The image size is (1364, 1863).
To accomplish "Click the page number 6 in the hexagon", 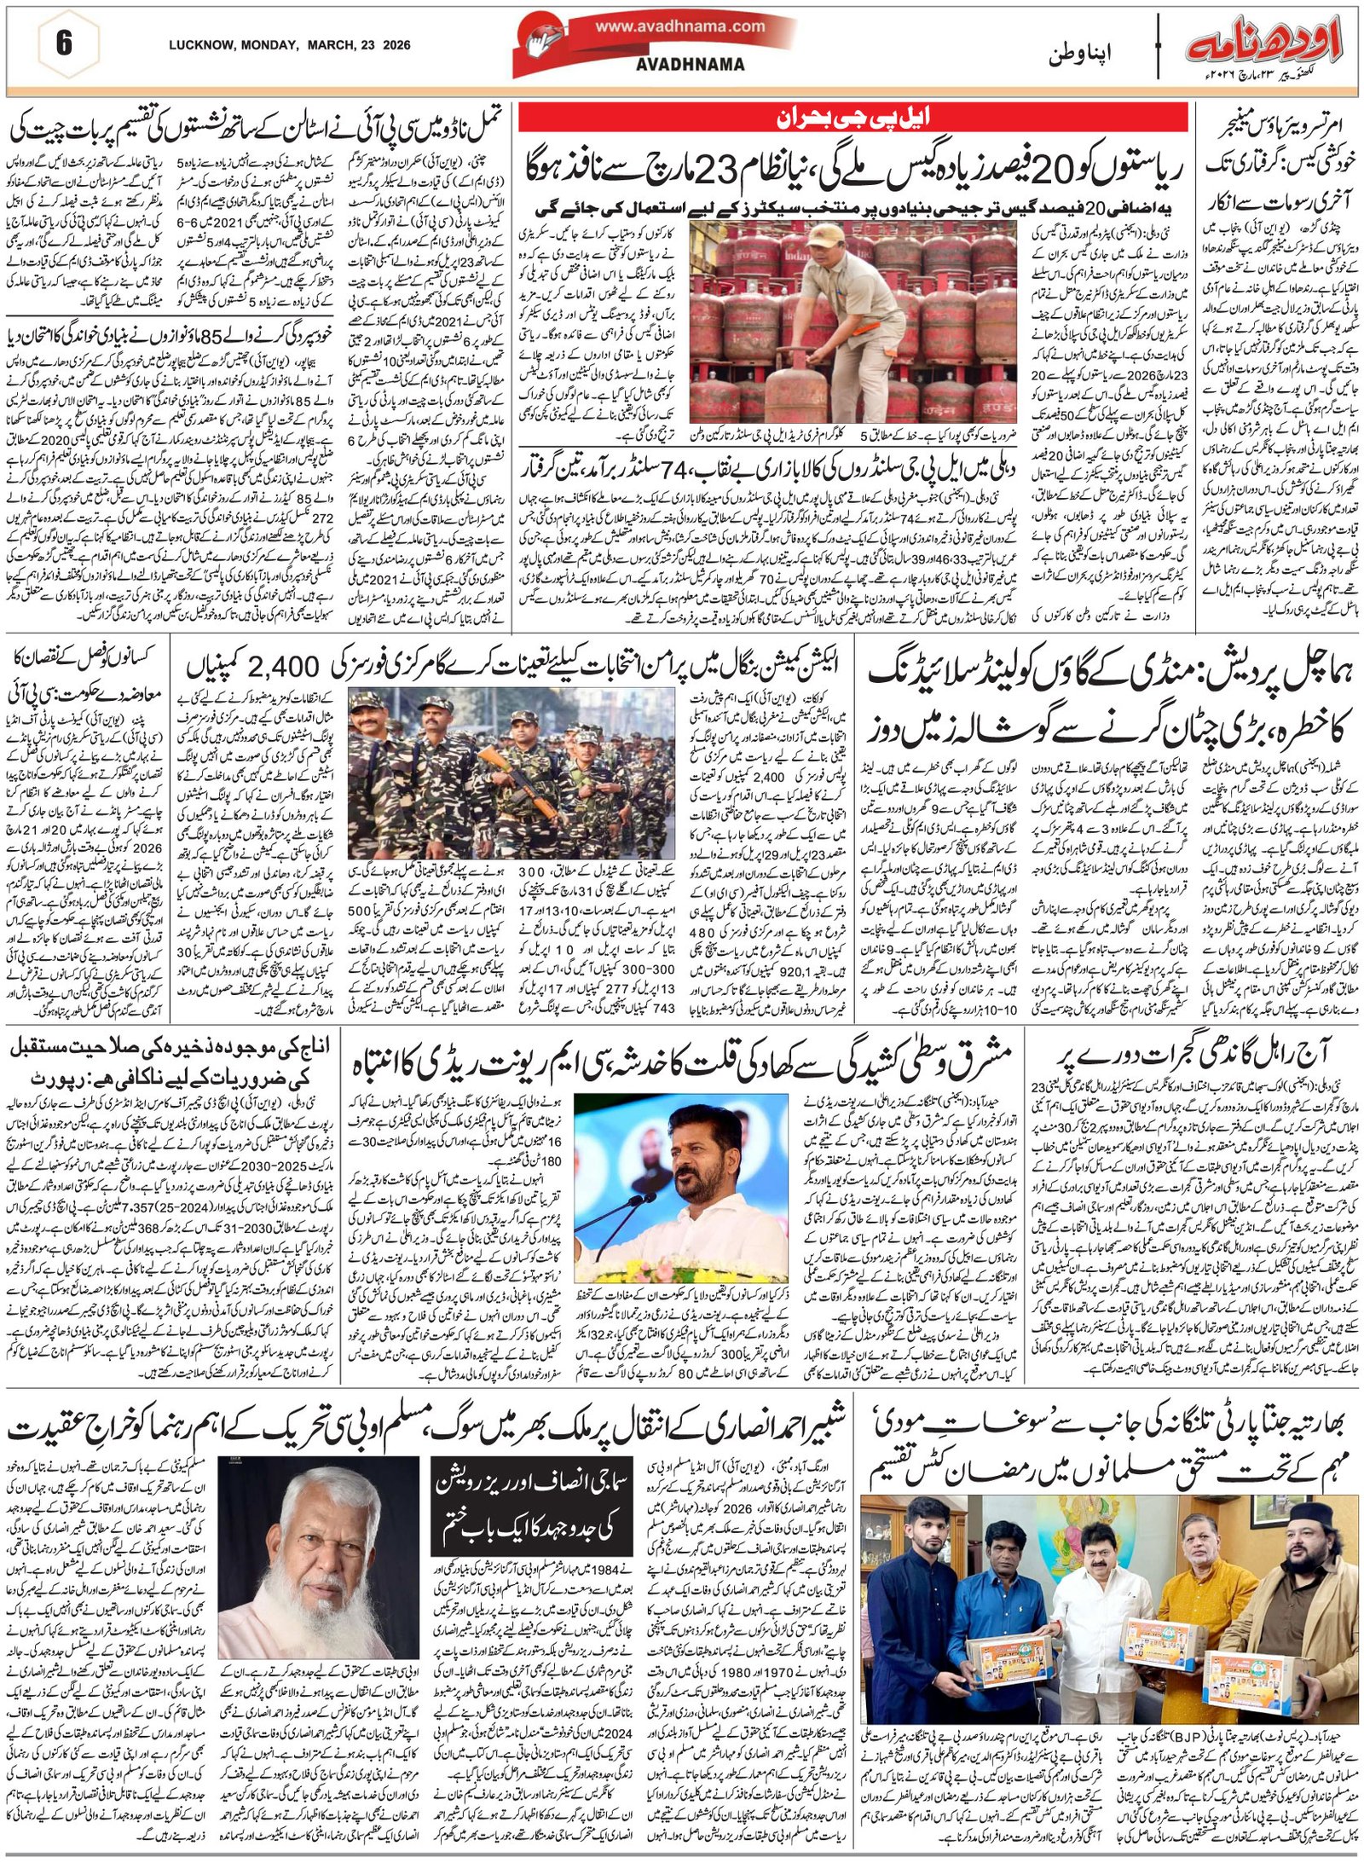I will [63, 43].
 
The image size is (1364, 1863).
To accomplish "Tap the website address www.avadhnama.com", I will [679, 26].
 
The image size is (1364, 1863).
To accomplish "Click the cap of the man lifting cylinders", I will [824, 235].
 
